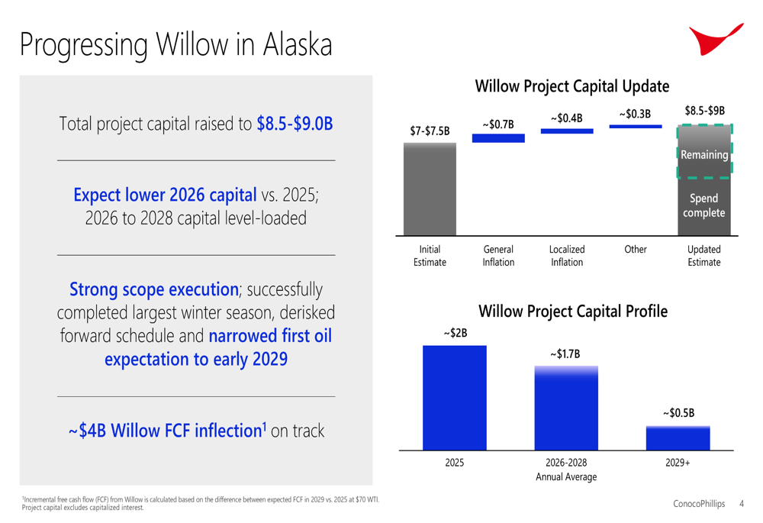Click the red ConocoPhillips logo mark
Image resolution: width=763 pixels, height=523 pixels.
(711, 40)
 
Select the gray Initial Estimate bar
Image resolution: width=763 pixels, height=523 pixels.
(430, 189)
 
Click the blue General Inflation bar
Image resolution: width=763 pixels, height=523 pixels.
(498, 138)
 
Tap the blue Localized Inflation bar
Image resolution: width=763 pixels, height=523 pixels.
(567, 131)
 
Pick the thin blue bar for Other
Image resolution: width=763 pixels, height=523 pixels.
(636, 127)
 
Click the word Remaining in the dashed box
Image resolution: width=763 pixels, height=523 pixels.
(704, 155)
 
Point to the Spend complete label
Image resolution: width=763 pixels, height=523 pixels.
(703, 205)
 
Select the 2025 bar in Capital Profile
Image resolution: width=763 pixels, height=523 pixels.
(455, 398)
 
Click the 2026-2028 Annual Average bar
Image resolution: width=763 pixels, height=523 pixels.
(566, 408)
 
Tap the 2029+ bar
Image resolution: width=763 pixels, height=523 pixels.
(678, 438)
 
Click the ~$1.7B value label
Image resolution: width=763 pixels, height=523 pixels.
(565, 354)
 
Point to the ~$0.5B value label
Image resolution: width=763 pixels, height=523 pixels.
(678, 413)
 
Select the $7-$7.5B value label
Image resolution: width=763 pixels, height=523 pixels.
(430, 131)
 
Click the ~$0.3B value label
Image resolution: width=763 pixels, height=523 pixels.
(635, 114)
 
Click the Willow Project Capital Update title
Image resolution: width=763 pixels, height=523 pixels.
(571, 86)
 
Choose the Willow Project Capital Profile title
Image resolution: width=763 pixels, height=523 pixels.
(573, 312)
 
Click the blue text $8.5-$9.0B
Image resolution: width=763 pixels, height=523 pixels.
(295, 124)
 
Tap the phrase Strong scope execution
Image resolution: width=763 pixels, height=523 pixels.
(154, 289)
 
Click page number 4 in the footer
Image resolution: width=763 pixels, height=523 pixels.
(742, 503)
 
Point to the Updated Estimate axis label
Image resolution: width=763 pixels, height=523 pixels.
(703, 256)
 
